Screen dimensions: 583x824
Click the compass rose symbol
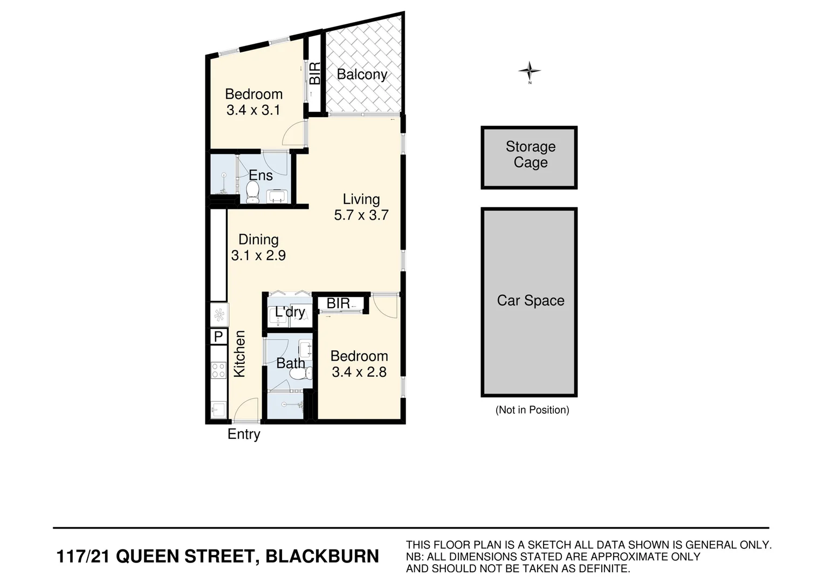tap(530, 71)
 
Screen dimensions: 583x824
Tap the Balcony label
tap(362, 74)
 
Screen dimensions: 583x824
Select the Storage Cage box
tap(529, 157)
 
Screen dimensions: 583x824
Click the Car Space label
tap(530, 301)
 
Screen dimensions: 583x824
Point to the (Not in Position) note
tap(532, 410)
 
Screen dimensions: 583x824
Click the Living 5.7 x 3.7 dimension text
tap(361, 215)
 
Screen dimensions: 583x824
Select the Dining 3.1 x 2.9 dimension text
tap(258, 255)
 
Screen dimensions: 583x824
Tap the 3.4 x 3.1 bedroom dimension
tap(253, 110)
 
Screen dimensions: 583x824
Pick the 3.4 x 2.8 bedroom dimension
tap(359, 372)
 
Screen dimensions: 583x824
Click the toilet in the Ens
tap(252, 192)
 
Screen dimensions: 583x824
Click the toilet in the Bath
tap(301, 374)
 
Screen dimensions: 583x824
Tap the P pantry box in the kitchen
tap(218, 337)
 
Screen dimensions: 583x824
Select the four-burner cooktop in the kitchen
tap(218, 370)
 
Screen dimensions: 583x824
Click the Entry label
tap(244, 434)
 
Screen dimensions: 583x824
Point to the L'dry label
tap(290, 312)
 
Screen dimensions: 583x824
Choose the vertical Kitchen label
tap(239, 354)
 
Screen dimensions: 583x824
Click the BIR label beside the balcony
tap(314, 73)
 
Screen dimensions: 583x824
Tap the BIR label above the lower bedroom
tap(338, 303)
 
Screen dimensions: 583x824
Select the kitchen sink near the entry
tap(218, 410)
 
